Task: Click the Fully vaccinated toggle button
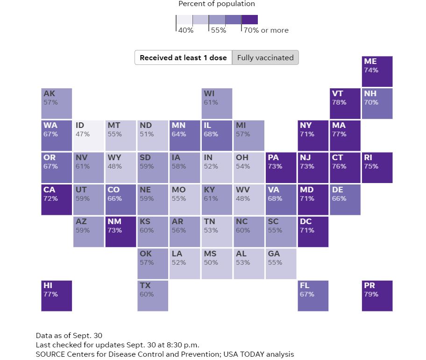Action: coord(265,58)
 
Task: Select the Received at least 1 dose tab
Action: coord(183,58)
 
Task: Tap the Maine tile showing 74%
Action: coord(377,71)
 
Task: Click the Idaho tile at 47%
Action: coord(89,135)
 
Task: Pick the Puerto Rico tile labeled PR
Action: coord(377,295)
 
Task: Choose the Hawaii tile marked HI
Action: coord(57,295)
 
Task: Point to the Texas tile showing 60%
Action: coord(153,295)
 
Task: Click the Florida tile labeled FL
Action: coord(313,295)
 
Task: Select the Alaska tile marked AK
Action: coord(57,103)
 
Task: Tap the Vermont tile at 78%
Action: coord(345,103)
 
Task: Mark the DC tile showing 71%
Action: coord(313,231)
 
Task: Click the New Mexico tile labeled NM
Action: coord(121,231)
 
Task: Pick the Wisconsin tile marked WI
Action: coord(217,103)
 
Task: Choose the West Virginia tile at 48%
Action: coord(249,199)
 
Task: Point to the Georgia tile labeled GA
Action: coord(281,263)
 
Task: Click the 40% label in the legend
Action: coord(185,30)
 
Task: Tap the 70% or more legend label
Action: coord(265,30)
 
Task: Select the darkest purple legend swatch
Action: coord(249,20)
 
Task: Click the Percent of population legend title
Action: coord(217,4)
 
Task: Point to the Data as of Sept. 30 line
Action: coord(69,335)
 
